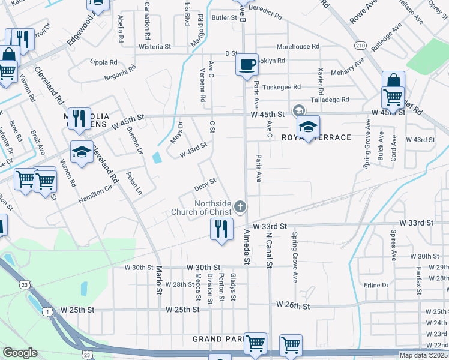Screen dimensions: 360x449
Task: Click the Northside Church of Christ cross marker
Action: [x=240, y=208]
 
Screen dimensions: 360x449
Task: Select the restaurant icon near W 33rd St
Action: [x=221, y=229]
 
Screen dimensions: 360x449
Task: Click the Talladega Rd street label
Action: [x=330, y=100]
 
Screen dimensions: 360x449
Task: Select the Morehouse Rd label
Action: [x=298, y=47]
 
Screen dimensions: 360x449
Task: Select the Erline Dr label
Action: [x=376, y=285]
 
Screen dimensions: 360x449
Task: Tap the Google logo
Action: [x=19, y=353]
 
